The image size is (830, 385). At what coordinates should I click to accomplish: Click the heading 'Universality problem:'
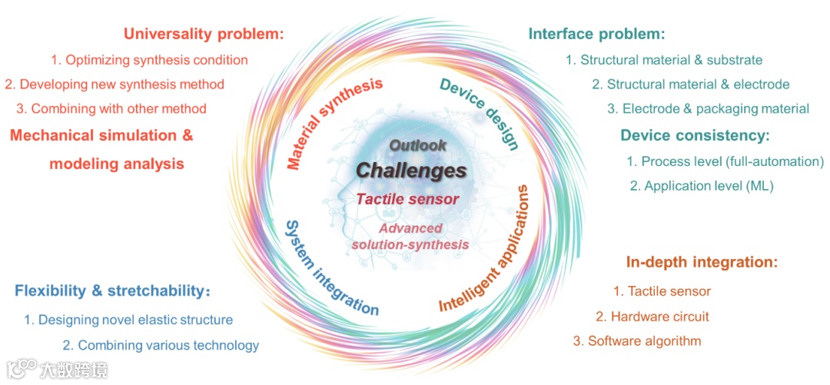pyautogui.click(x=204, y=35)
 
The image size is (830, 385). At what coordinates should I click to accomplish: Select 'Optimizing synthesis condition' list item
pyautogui.click(x=150, y=60)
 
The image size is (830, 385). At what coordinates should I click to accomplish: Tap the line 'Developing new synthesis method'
pyautogui.click(x=115, y=84)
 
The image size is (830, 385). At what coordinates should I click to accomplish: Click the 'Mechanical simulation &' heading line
pyautogui.click(x=101, y=136)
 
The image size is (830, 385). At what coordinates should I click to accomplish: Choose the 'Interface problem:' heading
pyautogui.click(x=596, y=35)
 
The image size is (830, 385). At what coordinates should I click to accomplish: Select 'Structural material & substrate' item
pyautogui.click(x=664, y=60)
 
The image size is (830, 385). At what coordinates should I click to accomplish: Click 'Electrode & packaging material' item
pyautogui.click(x=708, y=108)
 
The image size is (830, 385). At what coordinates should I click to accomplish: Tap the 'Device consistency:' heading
pyautogui.click(x=695, y=136)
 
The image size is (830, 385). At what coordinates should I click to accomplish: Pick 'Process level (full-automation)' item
pyautogui.click(x=725, y=161)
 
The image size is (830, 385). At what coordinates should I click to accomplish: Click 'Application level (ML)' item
pyautogui.click(x=702, y=186)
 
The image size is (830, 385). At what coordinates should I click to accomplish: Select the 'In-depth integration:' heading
pyautogui.click(x=702, y=262)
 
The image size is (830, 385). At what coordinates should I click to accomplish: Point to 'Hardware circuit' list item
pyautogui.click(x=652, y=316)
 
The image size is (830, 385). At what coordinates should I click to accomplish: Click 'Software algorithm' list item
pyautogui.click(x=637, y=340)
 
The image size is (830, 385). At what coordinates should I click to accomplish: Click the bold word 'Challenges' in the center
pyautogui.click(x=411, y=170)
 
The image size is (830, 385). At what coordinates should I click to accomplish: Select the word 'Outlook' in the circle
pyautogui.click(x=417, y=145)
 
